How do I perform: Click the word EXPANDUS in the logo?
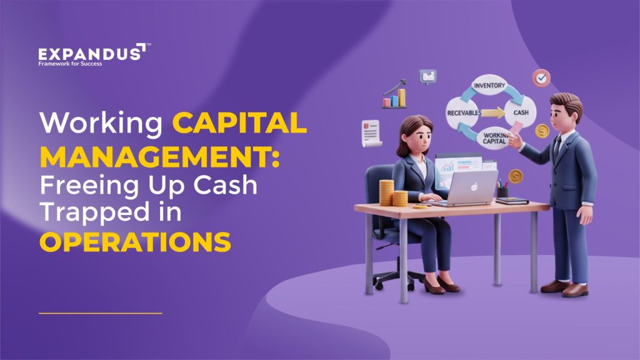tap(89, 54)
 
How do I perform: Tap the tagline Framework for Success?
tap(70, 64)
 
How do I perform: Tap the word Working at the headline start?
tap(101, 123)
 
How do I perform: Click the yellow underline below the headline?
tap(100, 312)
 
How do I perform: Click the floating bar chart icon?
tap(395, 95)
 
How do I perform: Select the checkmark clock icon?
tap(541, 79)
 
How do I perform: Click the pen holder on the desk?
tap(502, 191)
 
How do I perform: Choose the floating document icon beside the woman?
tap(372, 132)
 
